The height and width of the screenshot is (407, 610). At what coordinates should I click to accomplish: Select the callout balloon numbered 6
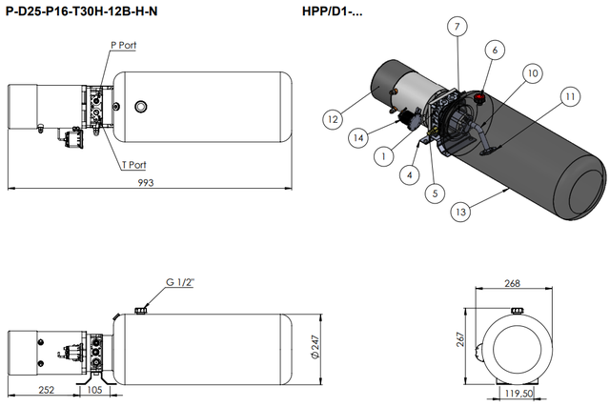tap(494, 49)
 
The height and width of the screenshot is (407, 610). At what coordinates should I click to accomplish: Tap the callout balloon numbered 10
tap(532, 72)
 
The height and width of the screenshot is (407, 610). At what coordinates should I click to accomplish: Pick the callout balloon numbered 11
tap(570, 95)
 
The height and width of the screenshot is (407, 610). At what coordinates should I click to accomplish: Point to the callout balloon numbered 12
tap(333, 120)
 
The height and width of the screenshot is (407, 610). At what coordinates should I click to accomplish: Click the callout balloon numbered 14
tap(357, 138)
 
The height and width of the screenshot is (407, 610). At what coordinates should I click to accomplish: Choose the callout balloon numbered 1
tap(383, 154)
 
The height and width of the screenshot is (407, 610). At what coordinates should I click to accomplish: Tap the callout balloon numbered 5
tap(435, 193)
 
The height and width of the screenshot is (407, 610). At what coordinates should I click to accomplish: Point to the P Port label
tap(124, 45)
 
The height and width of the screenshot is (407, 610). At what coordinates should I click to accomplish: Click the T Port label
tap(133, 164)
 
